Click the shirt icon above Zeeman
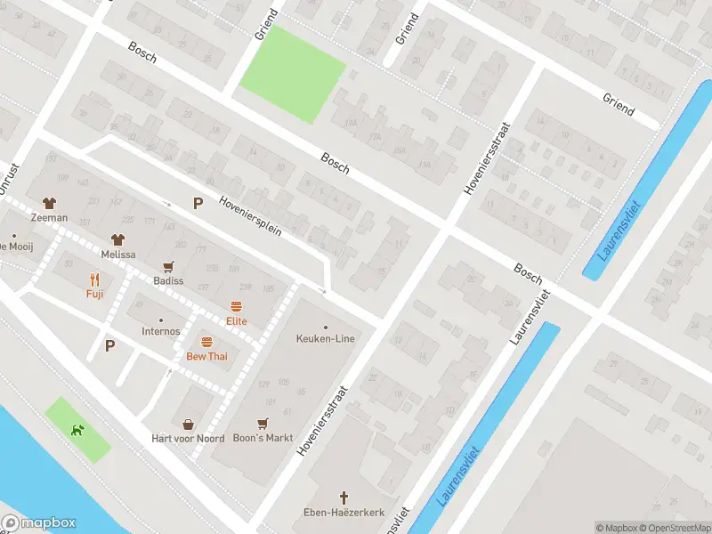(49, 203)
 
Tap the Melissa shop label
(117, 254)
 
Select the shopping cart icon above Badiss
(167, 266)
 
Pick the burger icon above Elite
(236, 306)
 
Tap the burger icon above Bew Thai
(206, 342)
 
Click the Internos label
(160, 331)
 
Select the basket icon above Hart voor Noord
(188, 425)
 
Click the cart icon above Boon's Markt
(263, 424)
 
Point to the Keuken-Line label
(325, 339)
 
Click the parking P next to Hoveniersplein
(198, 204)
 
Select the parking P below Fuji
(109, 345)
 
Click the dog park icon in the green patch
(77, 430)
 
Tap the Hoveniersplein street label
(250, 215)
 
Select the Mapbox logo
(38, 523)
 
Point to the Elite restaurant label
(236, 321)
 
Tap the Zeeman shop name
(49, 217)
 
